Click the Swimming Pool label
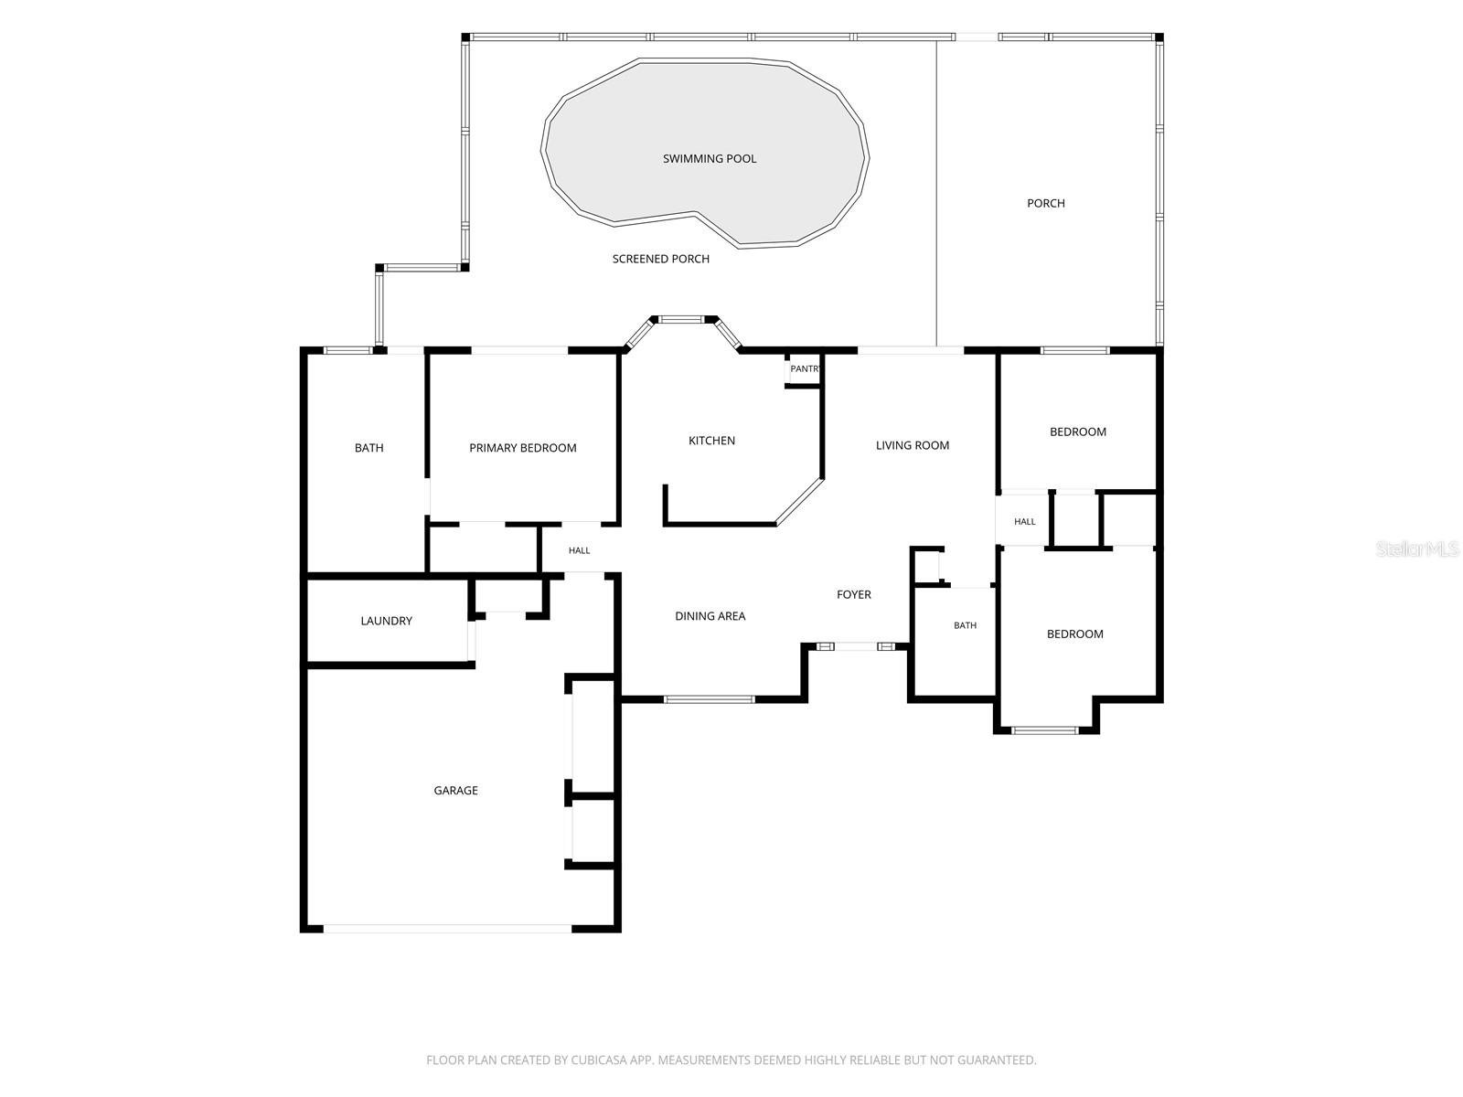710,158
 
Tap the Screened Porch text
660,259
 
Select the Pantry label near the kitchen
805,368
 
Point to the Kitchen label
711,441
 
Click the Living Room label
913,445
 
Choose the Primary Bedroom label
522,448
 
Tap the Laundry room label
386,621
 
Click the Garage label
456,790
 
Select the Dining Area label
710,616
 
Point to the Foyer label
854,594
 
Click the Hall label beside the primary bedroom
579,550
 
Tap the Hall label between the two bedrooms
1024,521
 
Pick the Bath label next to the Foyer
965,624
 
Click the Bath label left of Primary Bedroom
368,448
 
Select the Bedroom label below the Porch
1078,431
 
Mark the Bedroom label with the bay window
1075,634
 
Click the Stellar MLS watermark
1417,548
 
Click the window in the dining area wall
710,698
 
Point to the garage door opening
447,928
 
